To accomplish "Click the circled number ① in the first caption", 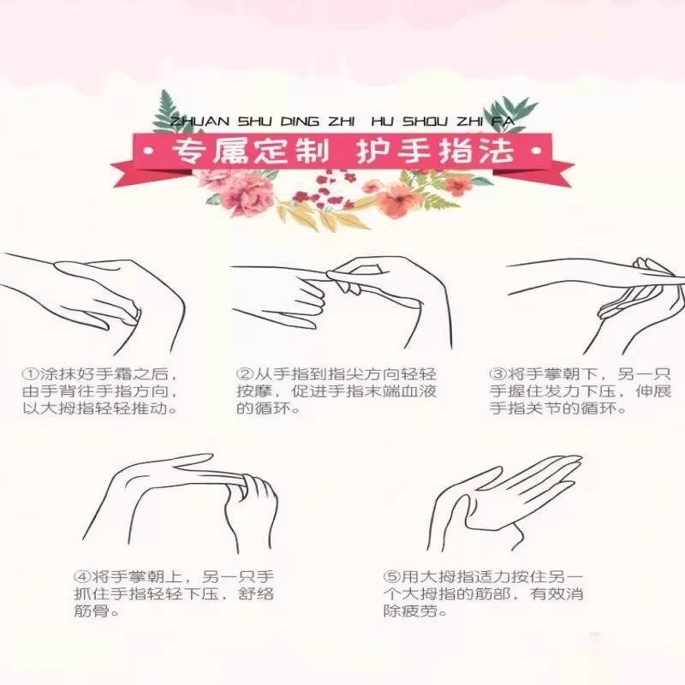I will click(x=30, y=374).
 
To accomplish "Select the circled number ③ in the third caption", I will click(x=497, y=374).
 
